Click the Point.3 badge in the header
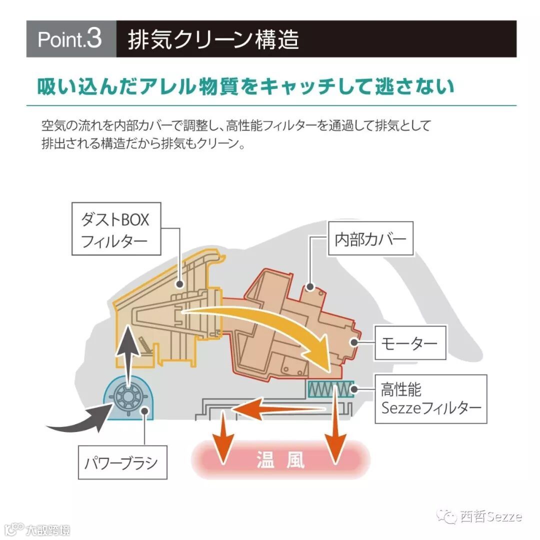pos(70,39)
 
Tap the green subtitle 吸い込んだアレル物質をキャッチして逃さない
pos(245,86)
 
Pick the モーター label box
pos(408,342)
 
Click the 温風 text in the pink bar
pos(280,459)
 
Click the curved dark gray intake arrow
pos(80,421)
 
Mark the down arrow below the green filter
pos(333,430)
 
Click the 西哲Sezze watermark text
pos(491,516)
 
